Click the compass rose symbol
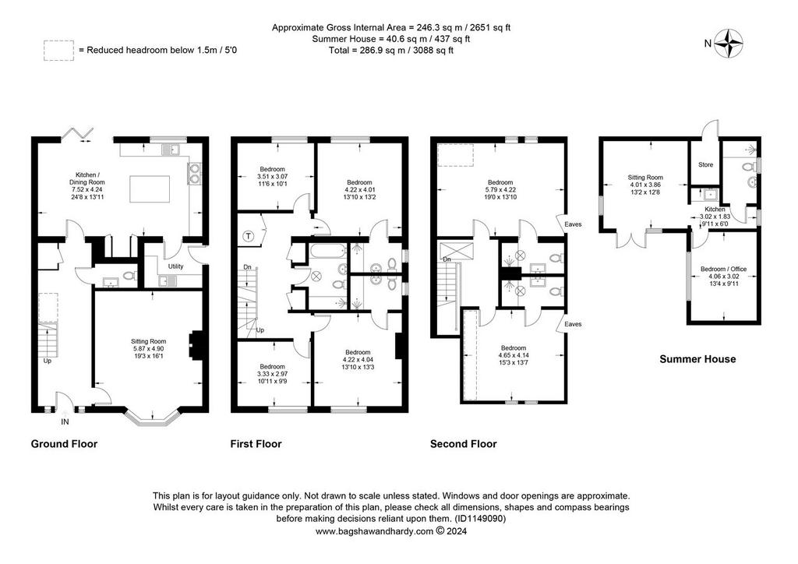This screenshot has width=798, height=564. click(x=728, y=44)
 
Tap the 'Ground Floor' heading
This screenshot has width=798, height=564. click(x=64, y=444)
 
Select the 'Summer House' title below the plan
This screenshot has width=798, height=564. click(x=697, y=359)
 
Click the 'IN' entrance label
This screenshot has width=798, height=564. click(x=65, y=421)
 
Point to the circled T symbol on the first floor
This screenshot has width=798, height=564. click(x=248, y=236)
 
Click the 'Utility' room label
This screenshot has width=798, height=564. click(x=175, y=266)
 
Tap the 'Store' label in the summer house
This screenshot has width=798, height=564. click(x=705, y=165)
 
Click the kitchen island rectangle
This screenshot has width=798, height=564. click(x=150, y=189)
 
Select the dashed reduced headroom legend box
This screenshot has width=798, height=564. click(x=58, y=51)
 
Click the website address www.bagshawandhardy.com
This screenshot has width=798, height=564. click(x=374, y=531)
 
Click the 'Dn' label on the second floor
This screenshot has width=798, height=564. click(x=447, y=259)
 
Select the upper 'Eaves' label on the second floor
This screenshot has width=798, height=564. click(x=573, y=224)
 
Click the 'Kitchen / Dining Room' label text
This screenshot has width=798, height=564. click(x=87, y=178)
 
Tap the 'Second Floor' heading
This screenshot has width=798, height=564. click(x=463, y=444)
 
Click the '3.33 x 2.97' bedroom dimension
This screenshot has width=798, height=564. click(x=272, y=374)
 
